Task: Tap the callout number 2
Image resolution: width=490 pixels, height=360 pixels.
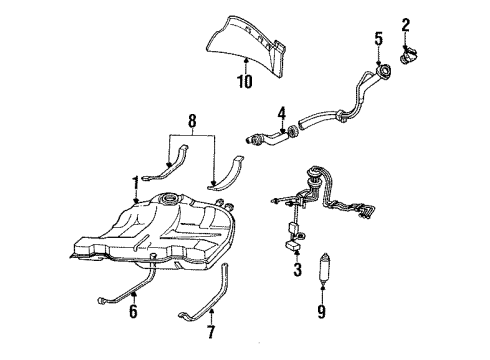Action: (x=406, y=23)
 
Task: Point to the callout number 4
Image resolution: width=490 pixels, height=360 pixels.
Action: (x=282, y=112)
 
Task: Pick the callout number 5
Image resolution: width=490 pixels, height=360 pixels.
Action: (x=378, y=39)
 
